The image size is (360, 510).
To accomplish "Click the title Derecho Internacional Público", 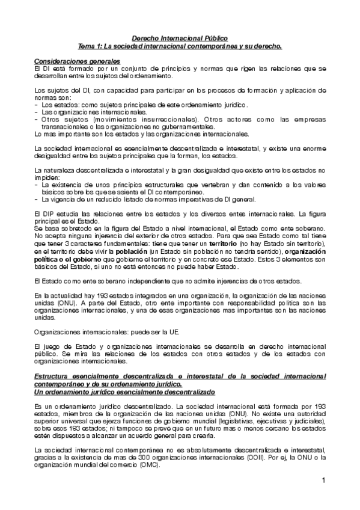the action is click(180, 37).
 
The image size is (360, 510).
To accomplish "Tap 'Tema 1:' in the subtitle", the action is click(93, 45).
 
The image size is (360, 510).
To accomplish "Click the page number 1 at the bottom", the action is click(323, 480).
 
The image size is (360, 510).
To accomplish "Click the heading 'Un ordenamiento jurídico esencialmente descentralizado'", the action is click(122, 391).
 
